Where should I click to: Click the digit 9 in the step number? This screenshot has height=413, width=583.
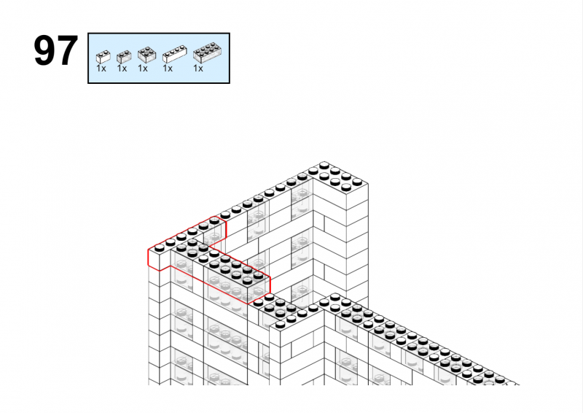(x=44, y=50)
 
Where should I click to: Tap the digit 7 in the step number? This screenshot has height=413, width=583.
(x=67, y=50)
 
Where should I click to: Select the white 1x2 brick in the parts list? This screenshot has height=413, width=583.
(x=103, y=57)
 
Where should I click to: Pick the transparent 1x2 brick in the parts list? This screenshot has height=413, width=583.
(x=124, y=57)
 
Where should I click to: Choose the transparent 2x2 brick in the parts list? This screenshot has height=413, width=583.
(x=147, y=55)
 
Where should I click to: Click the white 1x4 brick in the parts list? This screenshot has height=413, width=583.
(x=174, y=54)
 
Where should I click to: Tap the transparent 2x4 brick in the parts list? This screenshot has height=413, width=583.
(x=208, y=53)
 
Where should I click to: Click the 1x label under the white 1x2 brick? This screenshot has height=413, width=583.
(x=101, y=69)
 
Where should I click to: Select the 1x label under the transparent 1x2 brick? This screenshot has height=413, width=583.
(x=122, y=69)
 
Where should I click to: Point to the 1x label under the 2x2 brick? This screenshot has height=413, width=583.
(x=143, y=69)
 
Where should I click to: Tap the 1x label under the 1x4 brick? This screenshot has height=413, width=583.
(x=168, y=69)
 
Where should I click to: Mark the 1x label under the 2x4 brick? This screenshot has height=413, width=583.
(x=198, y=69)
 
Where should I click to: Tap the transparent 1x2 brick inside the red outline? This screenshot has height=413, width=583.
(x=214, y=230)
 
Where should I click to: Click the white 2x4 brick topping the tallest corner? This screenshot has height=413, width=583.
(x=338, y=185)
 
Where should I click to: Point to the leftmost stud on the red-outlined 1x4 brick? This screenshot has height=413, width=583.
(x=159, y=247)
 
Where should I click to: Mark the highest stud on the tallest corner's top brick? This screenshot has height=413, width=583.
(x=324, y=165)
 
